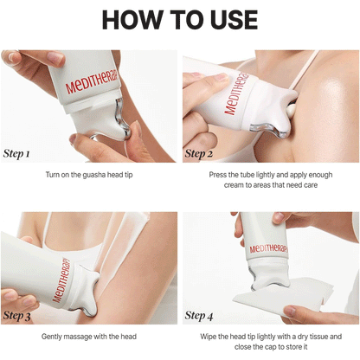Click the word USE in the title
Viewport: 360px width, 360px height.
click(235, 20)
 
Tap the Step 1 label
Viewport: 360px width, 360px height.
click(16, 154)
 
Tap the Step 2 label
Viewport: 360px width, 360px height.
click(199, 154)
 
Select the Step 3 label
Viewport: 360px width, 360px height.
click(16, 316)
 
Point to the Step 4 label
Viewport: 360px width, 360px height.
click(199, 316)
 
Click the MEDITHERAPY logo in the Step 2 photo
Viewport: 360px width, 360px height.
click(235, 93)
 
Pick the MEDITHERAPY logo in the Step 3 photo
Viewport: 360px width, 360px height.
click(61, 280)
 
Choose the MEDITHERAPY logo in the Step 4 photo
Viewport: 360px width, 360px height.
click(268, 248)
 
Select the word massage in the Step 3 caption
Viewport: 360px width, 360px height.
click(77, 337)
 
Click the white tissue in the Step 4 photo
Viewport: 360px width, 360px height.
click(284, 297)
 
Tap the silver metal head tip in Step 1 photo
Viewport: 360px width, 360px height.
click(122, 120)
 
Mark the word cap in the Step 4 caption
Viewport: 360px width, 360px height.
click(273, 347)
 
